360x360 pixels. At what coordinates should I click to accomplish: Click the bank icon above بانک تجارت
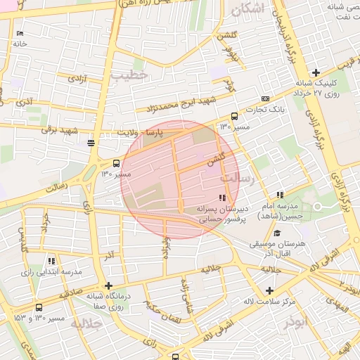[265, 99]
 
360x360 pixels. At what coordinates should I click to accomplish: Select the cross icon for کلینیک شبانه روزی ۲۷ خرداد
[316, 72]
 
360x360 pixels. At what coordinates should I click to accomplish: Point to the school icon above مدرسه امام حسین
[280, 195]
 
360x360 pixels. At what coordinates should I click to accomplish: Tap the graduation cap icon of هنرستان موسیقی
[276, 233]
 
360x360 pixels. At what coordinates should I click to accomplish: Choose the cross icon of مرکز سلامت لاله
[269, 290]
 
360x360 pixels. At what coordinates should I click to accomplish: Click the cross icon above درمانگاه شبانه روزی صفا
[108, 285]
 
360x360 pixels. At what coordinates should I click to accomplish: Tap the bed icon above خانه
[20, 33]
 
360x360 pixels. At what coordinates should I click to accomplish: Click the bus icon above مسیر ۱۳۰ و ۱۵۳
[38, 307]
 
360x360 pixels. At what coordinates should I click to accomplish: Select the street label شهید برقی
[59, 130]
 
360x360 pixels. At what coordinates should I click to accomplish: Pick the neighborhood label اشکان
[252, 9]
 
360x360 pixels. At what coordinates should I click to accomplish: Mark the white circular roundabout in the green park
[316, 206]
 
